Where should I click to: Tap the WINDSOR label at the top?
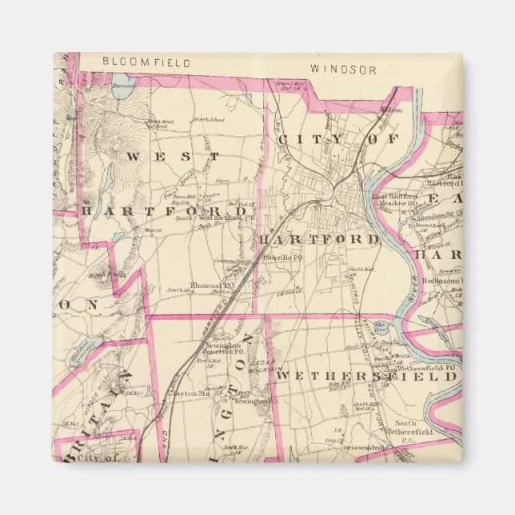[343, 70]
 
